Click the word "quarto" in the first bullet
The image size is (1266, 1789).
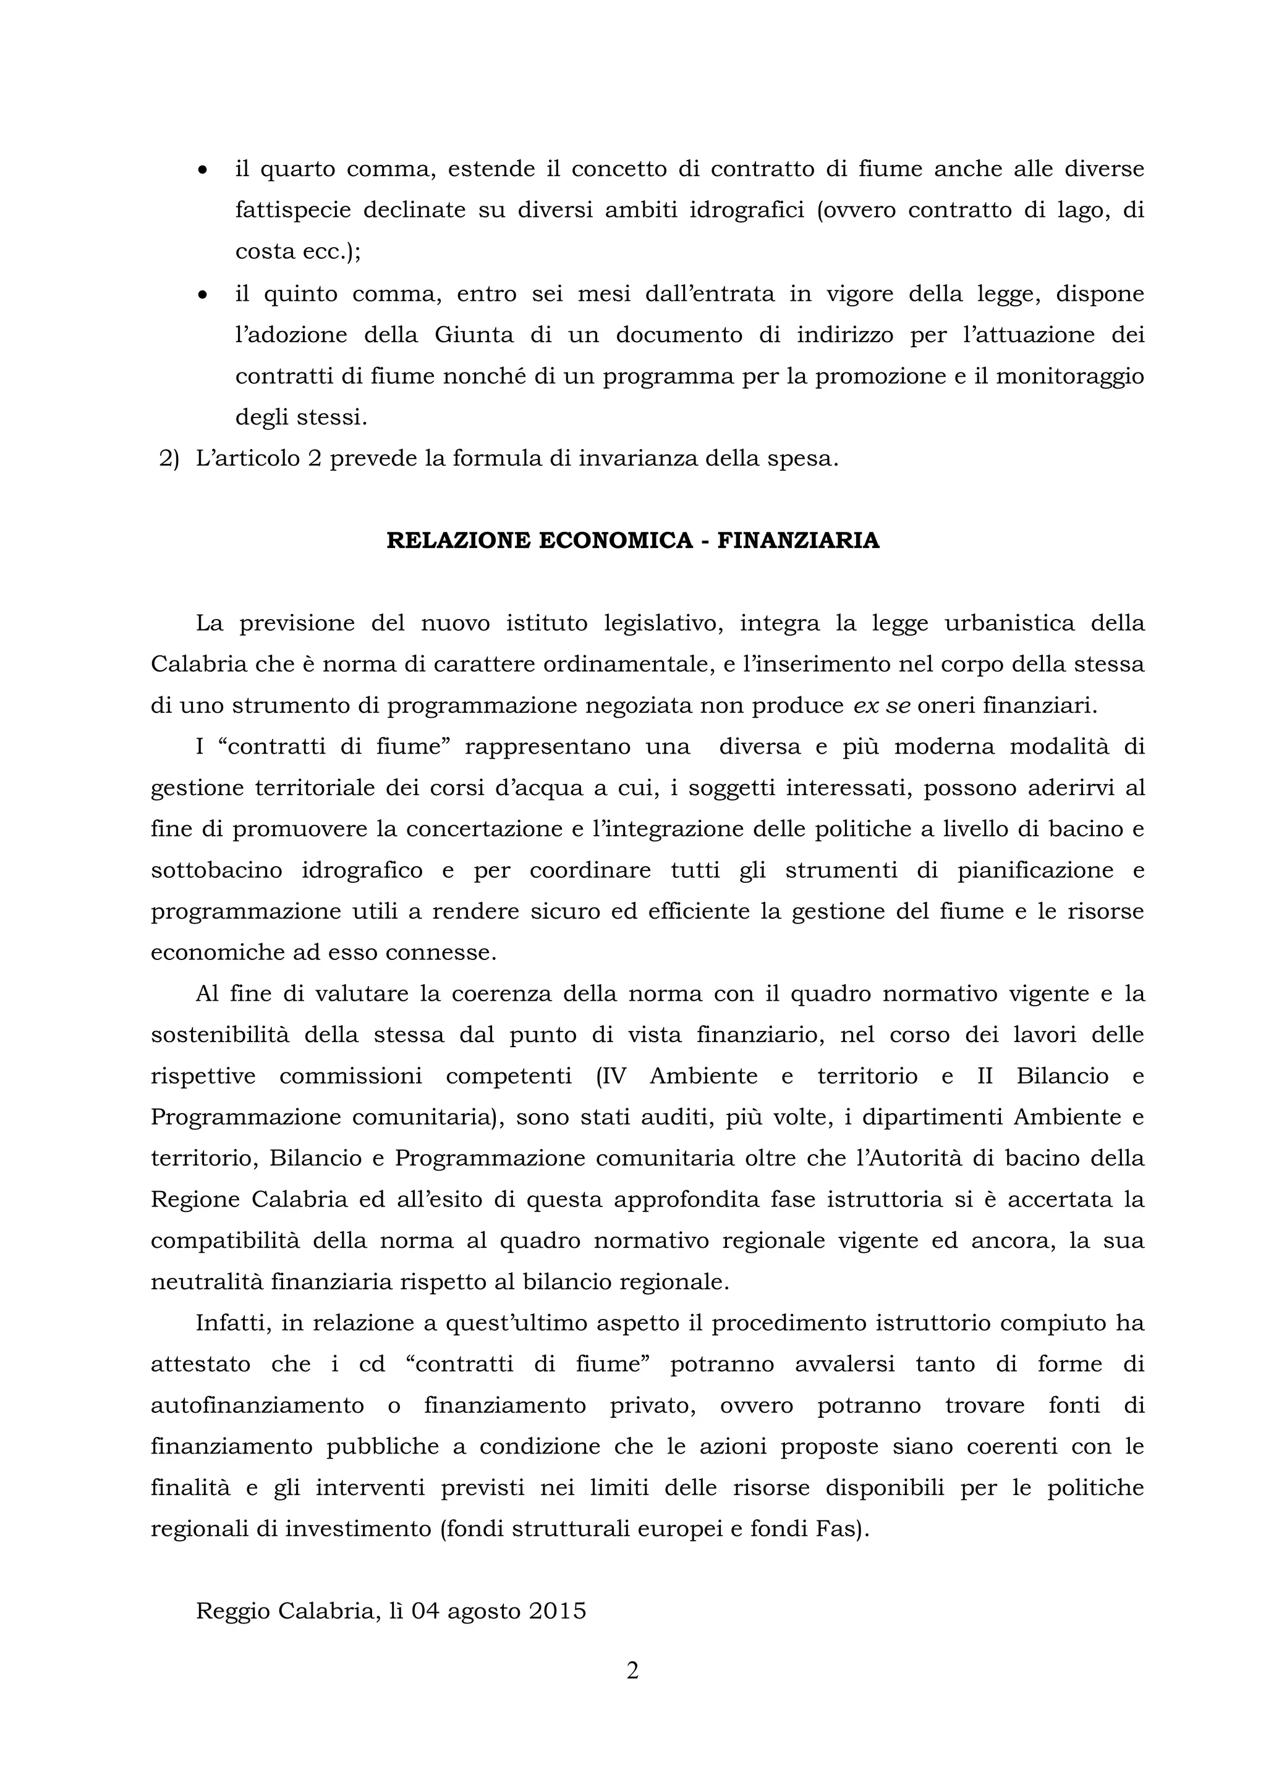pos(296,169)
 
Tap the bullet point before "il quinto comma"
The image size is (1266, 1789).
pos(203,295)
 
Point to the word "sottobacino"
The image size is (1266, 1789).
pos(217,870)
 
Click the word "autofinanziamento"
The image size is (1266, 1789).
pos(257,1405)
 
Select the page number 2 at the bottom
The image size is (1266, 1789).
pos(632,1672)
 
